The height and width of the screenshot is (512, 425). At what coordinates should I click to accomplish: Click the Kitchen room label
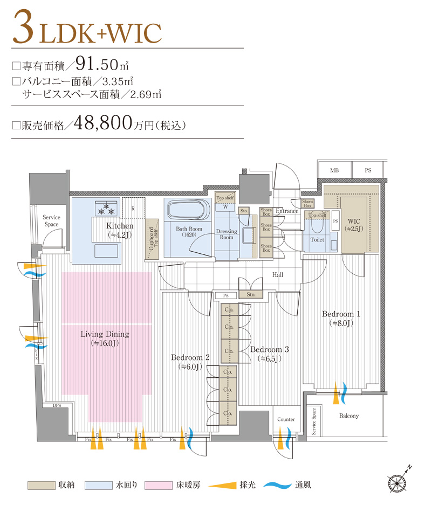(x=120, y=226)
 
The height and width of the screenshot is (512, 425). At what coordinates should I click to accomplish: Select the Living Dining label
(x=105, y=334)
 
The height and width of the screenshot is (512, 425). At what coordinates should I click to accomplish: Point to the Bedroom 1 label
(x=341, y=314)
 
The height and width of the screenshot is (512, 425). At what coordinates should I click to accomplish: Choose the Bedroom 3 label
(x=269, y=350)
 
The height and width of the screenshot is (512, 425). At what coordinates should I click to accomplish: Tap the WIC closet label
(x=354, y=222)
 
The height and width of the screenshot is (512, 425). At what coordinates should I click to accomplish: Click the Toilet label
(x=318, y=239)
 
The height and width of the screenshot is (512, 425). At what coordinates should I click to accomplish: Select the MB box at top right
(x=334, y=170)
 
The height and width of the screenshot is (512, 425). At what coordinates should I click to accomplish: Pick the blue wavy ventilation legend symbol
(x=277, y=485)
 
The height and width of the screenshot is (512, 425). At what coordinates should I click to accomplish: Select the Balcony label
(x=349, y=416)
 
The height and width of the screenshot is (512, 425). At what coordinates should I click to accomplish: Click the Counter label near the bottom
(x=286, y=419)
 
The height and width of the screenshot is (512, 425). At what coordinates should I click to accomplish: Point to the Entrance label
(x=287, y=211)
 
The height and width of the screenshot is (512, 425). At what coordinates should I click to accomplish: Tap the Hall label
(x=278, y=275)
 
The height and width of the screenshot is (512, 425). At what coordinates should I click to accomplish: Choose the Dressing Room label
(x=227, y=234)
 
